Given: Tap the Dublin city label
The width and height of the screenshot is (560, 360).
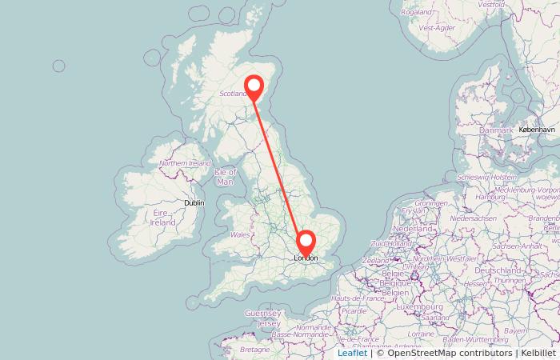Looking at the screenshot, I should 194,203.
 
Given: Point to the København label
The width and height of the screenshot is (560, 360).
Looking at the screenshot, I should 536,129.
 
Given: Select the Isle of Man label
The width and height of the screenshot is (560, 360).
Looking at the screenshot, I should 226,177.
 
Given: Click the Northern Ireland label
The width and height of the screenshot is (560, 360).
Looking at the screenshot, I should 185,163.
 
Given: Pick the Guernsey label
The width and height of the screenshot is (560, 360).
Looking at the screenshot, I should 263,312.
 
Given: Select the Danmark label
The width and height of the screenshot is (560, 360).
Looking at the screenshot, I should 496,130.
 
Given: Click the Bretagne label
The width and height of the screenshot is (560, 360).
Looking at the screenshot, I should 255,350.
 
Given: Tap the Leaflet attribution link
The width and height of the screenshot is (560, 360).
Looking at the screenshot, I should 352,353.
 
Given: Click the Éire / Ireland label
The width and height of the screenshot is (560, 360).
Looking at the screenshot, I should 163,218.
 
